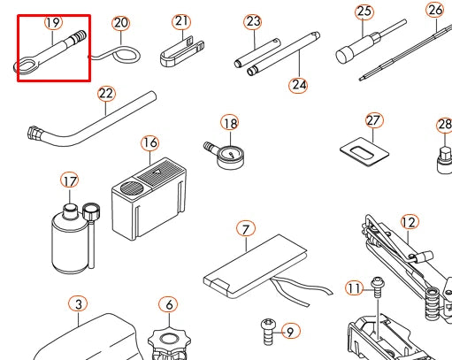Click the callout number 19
pos(53,22)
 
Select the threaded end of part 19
pos(79,36)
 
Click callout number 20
pos(121,23)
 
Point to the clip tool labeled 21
pos(181,52)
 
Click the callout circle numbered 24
pos(298,85)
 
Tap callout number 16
pos(150,143)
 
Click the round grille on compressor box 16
pos(132,188)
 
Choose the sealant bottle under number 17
pos(70,239)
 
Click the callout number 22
pos(106,94)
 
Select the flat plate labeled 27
pos(364,152)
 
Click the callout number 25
pos(364,11)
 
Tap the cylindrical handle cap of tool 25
pos(343,55)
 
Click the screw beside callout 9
pos(268,332)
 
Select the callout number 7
pos(246,229)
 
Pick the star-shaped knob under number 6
pos(169,343)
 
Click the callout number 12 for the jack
pos(410,222)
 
